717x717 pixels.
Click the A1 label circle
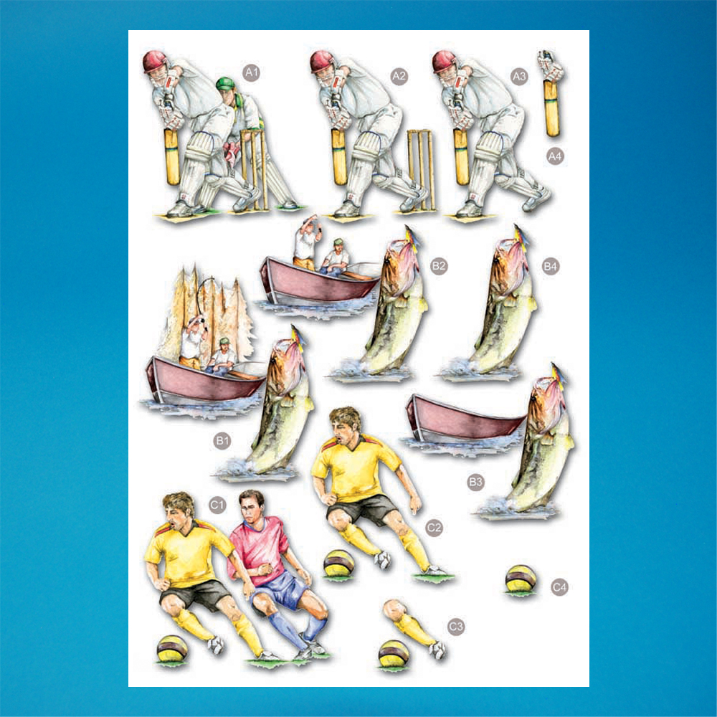(251, 72)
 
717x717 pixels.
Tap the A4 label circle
(555, 156)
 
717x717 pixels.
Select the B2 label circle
(439, 266)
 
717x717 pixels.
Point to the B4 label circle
(550, 266)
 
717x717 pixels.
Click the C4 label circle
(559, 587)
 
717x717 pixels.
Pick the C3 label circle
(456, 626)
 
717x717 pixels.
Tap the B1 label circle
(222, 440)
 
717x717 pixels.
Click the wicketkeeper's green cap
(225, 84)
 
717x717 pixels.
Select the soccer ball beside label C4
(521, 579)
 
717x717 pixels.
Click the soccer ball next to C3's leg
(394, 654)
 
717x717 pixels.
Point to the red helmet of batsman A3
(444, 61)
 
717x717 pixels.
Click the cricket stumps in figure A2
(421, 169)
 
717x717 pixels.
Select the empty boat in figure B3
(464, 419)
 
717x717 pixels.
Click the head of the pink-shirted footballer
(252, 505)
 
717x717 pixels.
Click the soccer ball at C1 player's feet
(172, 648)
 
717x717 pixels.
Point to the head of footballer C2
(346, 423)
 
